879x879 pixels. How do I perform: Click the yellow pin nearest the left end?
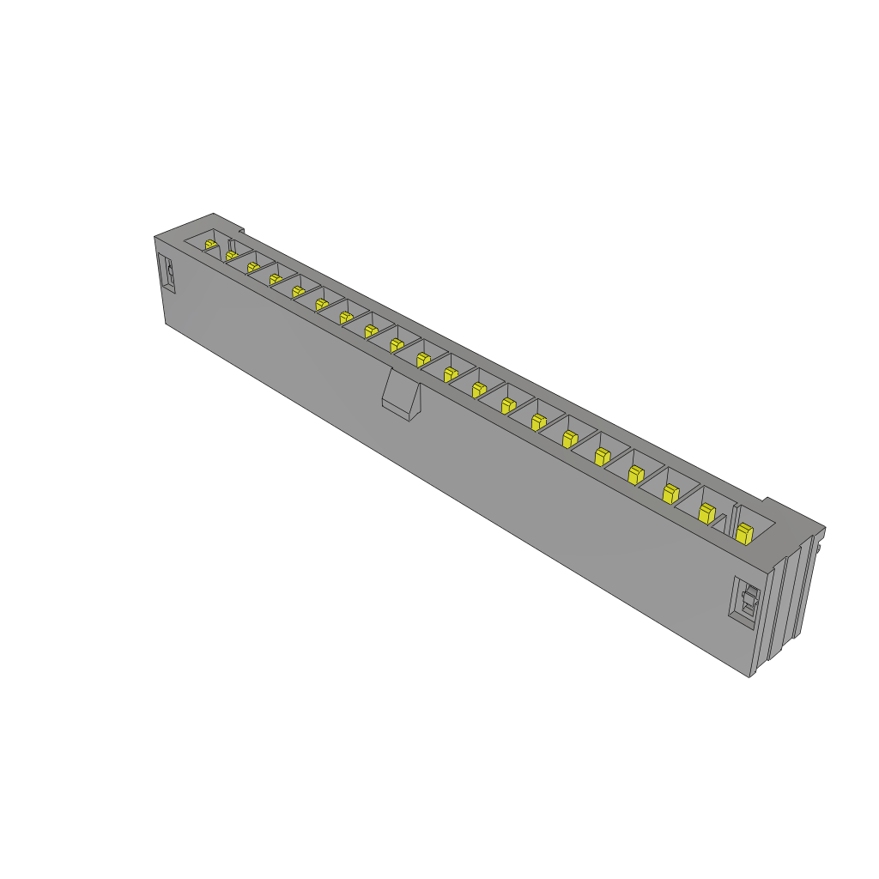pyautogui.click(x=210, y=246)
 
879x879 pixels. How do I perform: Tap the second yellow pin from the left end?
pyautogui.click(x=231, y=256)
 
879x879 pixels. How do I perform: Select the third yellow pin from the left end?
pyautogui.click(x=253, y=268)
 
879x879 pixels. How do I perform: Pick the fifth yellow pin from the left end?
pyautogui.click(x=298, y=291)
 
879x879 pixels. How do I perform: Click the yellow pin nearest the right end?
pyautogui.click(x=744, y=534)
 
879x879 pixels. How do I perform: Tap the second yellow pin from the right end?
pyautogui.click(x=706, y=513)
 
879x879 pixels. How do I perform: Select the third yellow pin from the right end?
pyautogui.click(x=670, y=493)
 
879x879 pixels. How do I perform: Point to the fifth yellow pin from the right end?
pyautogui.click(x=602, y=456)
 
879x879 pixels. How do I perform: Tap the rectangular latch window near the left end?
pyautogui.click(x=169, y=275)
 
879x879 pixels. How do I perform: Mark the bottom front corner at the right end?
pyautogui.click(x=750, y=676)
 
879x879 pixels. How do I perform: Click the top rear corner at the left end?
pyautogui.click(x=213, y=214)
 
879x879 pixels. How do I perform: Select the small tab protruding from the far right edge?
pyautogui.click(x=821, y=542)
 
